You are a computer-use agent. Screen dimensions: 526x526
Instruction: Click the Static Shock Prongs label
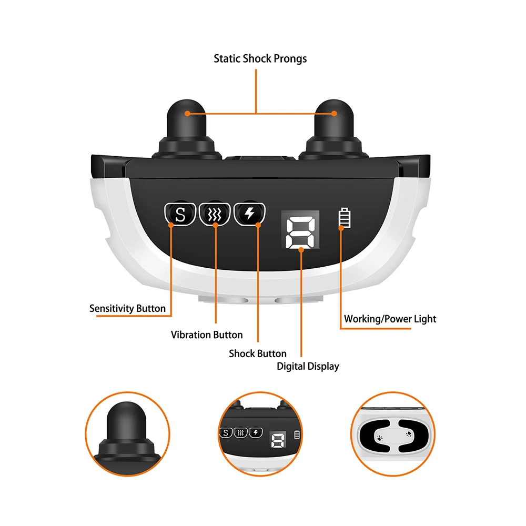260,58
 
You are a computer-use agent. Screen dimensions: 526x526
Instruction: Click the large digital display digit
301,231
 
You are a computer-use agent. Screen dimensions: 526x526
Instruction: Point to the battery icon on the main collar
343,218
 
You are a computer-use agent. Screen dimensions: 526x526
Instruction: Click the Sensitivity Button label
127,309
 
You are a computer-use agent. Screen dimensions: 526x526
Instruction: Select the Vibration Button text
207,335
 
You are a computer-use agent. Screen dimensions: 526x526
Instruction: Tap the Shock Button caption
258,353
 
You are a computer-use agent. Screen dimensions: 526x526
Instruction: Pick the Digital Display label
308,367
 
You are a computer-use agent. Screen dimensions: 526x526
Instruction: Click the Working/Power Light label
390,319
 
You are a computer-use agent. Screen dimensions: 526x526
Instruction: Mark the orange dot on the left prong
187,113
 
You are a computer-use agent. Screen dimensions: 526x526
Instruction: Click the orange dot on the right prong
334,113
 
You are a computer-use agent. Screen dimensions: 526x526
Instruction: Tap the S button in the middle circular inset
226,433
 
